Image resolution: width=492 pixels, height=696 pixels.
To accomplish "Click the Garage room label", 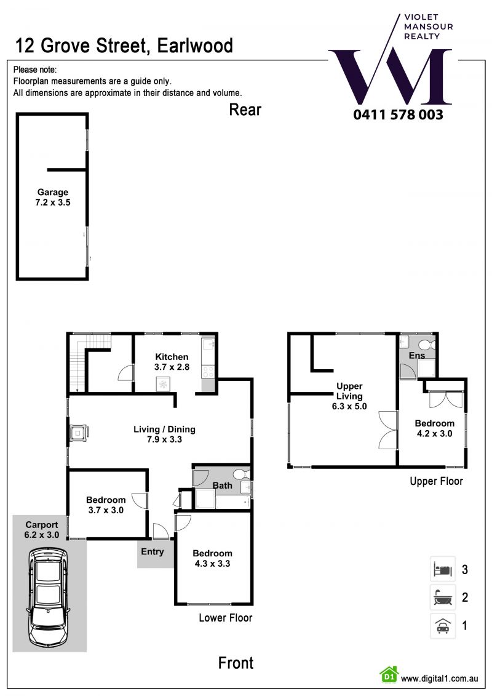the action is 53,192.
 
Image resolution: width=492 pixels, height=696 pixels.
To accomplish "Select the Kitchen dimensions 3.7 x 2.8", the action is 172,367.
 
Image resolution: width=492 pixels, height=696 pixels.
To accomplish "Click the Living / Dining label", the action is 164,429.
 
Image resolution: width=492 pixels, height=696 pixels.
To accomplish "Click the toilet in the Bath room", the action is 242,474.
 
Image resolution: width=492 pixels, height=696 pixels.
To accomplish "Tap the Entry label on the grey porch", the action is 152,552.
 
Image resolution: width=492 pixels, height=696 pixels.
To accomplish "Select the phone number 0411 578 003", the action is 398,114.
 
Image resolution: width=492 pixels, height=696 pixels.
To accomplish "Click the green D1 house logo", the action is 389,674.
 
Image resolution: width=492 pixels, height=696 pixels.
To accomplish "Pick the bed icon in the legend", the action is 442,569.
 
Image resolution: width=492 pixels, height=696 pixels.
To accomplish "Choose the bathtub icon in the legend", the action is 442,598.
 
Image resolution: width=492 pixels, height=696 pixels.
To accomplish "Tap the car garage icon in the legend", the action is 442,626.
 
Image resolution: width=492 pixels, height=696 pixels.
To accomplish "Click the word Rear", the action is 245,110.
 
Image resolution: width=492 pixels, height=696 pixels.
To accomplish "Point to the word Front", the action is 236,663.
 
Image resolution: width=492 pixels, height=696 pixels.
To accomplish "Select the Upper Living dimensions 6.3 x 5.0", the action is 349,406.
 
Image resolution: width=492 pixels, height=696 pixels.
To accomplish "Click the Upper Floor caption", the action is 436,481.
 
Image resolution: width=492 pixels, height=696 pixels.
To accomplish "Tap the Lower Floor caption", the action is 225,618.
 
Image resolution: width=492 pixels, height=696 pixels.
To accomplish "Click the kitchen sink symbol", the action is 208,345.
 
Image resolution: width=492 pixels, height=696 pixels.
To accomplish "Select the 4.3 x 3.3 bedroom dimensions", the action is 212,564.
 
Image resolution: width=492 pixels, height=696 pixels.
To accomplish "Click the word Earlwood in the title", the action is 195,46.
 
